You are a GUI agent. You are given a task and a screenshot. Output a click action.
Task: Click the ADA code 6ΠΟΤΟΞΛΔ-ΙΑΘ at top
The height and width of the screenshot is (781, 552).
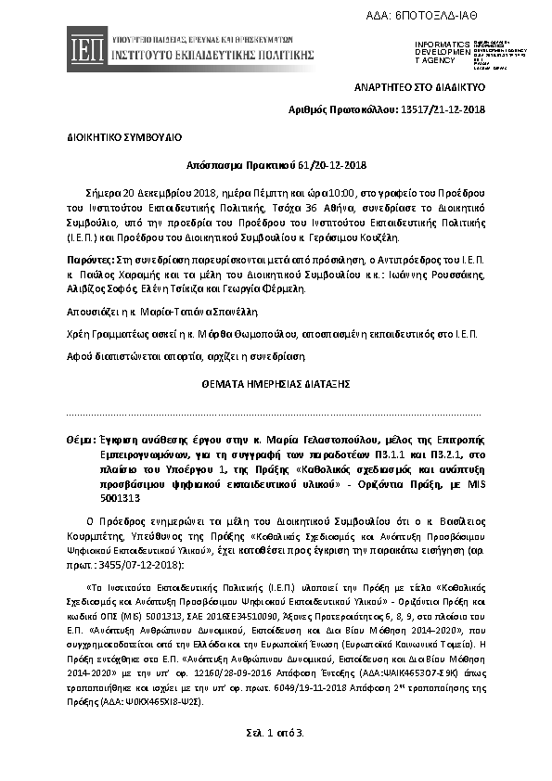473,16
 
